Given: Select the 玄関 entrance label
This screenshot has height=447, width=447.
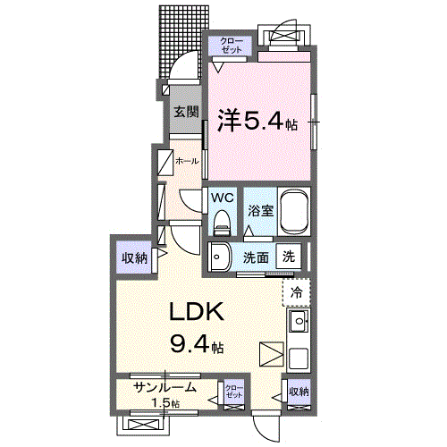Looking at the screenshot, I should (186, 114).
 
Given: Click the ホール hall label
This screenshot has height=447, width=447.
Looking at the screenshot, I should (186, 161).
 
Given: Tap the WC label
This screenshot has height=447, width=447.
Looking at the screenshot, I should (222, 197).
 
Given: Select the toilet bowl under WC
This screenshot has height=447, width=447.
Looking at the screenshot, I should (222, 222).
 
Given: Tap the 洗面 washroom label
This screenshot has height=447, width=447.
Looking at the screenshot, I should (256, 257).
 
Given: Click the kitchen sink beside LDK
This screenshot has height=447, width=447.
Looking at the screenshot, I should (299, 321).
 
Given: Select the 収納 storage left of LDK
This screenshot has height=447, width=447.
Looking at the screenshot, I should (135, 258).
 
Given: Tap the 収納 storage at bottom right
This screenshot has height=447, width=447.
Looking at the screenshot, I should (299, 392).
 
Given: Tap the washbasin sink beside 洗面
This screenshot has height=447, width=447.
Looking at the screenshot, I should (220, 256).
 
